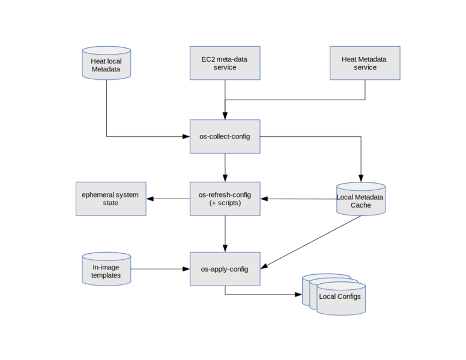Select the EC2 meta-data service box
[225, 63]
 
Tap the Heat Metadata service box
[365, 63]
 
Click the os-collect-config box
[225, 136]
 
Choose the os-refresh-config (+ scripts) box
[225, 199]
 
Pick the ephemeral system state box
[110, 199]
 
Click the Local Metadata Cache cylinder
[361, 199]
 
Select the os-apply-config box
[225, 269]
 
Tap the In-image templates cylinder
[106, 269]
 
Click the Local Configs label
[340, 296]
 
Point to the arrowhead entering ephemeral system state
[150, 199]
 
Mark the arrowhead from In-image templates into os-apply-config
[186, 269]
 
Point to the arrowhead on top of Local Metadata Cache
[361, 179]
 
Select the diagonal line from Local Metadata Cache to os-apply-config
[312, 242]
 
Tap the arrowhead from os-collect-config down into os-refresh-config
[225, 178]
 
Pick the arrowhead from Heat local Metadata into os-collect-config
[186, 137]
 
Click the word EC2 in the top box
[208, 59]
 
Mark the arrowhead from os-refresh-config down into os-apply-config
[225, 248]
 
